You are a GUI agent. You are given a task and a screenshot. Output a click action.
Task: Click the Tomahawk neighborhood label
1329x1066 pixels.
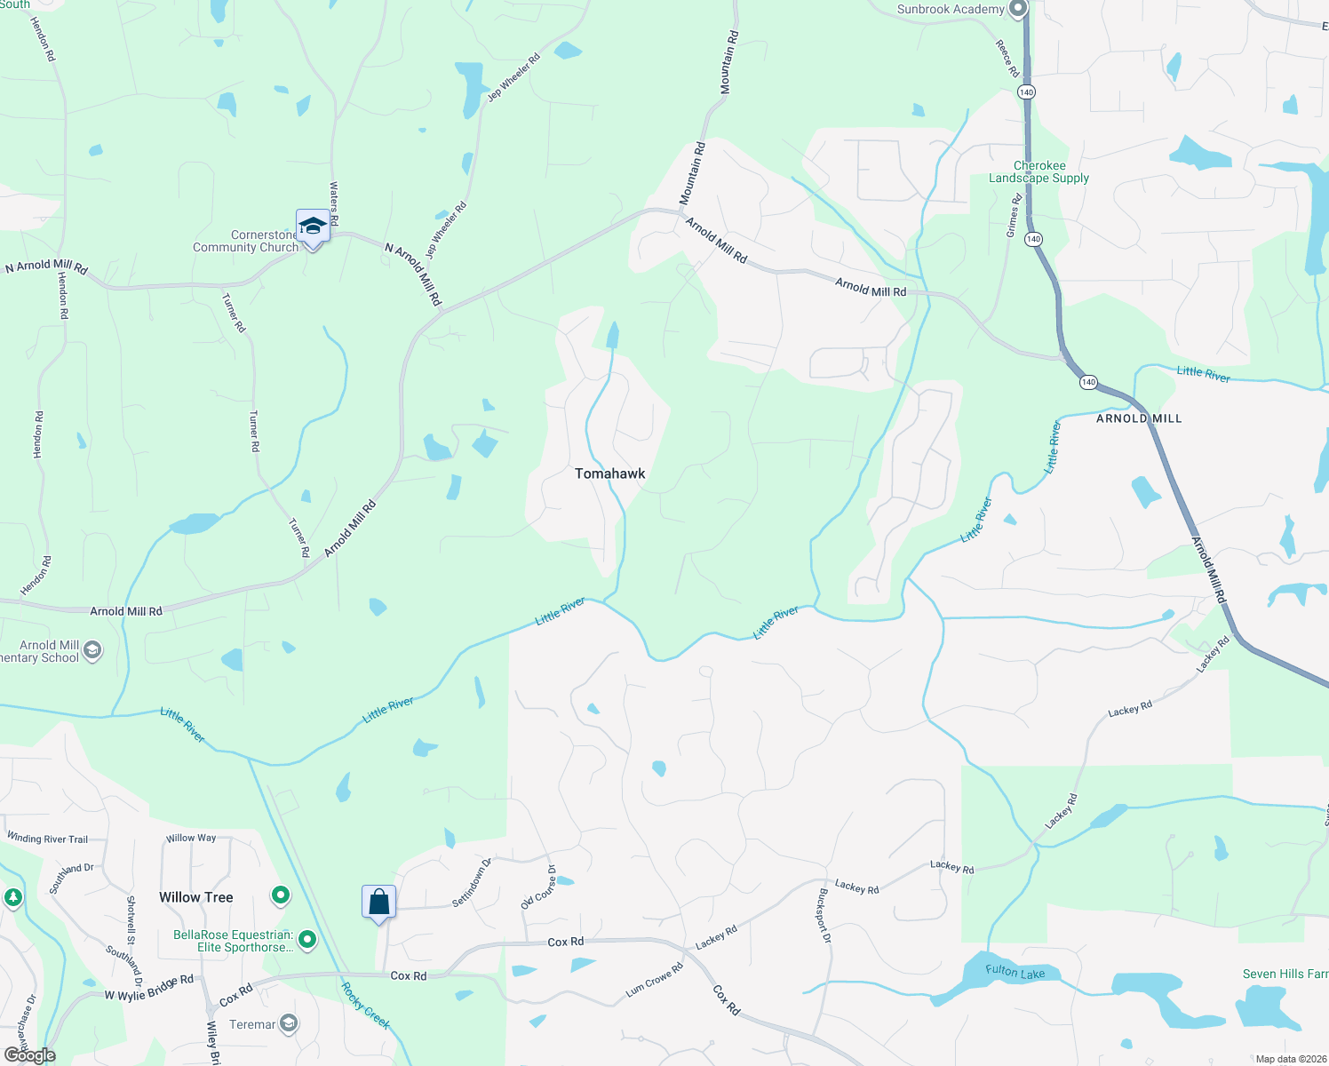pyautogui.click(x=609, y=473)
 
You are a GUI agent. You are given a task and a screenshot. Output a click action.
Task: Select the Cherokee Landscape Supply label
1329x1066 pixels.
pyautogui.click(x=1039, y=172)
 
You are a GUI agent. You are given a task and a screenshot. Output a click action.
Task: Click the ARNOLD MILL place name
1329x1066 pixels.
pyautogui.click(x=1139, y=418)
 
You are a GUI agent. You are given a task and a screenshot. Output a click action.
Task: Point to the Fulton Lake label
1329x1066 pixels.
pyautogui.click(x=1015, y=972)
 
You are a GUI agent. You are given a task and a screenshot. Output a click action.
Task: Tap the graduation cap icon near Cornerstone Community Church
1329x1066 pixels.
pyautogui.click(x=313, y=226)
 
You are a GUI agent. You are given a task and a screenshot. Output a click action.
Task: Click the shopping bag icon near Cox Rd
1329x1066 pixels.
pyautogui.click(x=378, y=902)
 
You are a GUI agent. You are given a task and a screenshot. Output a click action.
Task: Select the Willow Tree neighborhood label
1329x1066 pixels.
pyautogui.click(x=195, y=897)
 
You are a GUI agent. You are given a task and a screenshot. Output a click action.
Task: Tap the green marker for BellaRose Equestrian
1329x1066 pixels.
pyautogui.click(x=307, y=939)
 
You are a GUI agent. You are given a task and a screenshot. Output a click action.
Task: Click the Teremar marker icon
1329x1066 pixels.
pyautogui.click(x=289, y=1024)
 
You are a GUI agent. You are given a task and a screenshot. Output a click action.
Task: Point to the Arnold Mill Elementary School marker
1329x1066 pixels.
pyautogui.click(x=92, y=651)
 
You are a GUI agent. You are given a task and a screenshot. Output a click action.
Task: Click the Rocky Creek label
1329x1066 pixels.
pyautogui.click(x=365, y=1006)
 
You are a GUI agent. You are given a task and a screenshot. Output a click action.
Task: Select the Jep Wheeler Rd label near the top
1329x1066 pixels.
pyautogui.click(x=513, y=78)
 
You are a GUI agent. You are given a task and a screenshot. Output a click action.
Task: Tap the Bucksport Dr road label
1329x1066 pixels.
pyautogui.click(x=824, y=915)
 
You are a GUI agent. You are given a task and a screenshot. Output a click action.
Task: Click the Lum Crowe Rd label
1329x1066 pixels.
pyautogui.click(x=654, y=979)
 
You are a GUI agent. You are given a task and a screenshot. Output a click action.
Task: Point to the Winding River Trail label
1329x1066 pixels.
pyautogui.click(x=47, y=838)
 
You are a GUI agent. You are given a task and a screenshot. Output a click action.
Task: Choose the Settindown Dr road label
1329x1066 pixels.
pyautogui.click(x=472, y=882)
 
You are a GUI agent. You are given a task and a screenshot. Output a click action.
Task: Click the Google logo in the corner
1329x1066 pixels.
pyautogui.click(x=30, y=1055)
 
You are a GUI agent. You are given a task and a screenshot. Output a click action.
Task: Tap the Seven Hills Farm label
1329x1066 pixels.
pyautogui.click(x=1285, y=975)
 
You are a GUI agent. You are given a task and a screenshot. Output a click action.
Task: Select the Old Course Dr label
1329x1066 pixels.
pyautogui.click(x=538, y=887)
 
